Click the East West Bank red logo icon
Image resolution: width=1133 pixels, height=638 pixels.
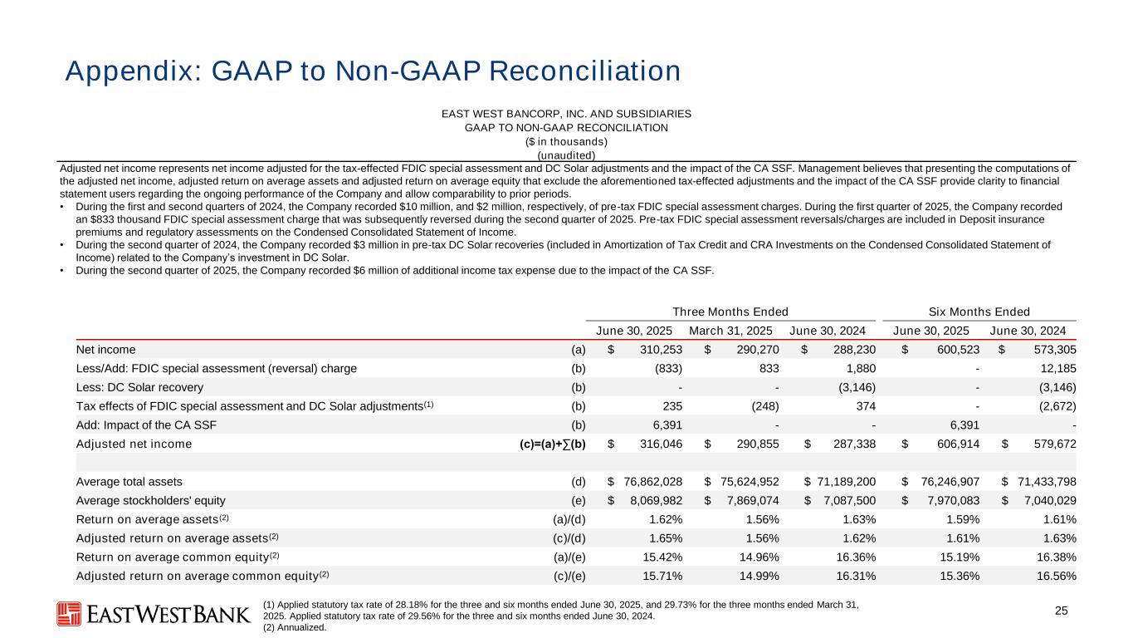tap(69, 614)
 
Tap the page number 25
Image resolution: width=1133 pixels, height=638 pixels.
tap(1061, 611)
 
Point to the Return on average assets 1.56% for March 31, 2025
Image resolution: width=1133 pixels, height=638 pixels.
tap(760, 519)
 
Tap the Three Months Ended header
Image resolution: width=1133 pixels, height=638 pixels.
tap(730, 312)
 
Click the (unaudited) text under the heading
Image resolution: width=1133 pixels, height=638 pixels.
tap(566, 155)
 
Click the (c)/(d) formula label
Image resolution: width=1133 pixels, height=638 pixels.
tap(569, 538)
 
